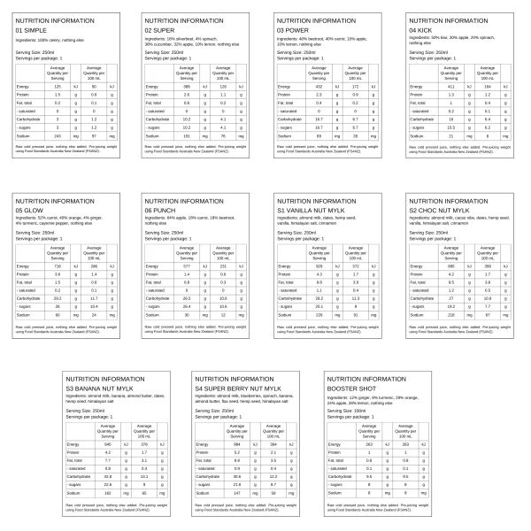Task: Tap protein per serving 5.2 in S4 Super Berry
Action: [234, 451]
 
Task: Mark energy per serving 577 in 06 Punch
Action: [188, 265]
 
